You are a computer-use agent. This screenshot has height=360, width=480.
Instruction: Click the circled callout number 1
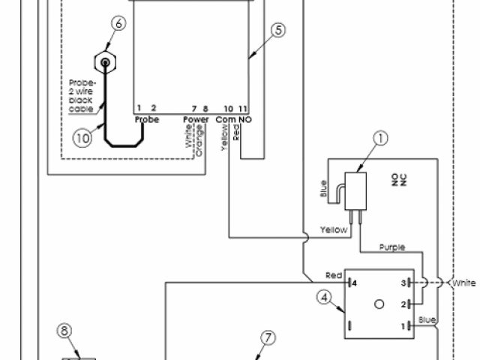pos(382,138)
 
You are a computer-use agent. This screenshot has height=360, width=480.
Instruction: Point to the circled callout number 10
pos(82,137)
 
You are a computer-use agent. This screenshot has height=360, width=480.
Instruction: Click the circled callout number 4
pos(324,298)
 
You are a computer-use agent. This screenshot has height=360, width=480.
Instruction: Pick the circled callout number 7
pos(268,337)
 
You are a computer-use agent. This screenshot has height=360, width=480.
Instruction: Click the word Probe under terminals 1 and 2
pos(146,118)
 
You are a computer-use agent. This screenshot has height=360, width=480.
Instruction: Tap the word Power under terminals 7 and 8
pos(196,118)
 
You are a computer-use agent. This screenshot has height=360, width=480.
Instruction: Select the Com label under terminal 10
pos(225,118)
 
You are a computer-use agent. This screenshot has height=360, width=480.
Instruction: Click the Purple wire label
pos(392,247)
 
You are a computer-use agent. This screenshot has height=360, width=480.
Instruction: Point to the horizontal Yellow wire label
pos(334,229)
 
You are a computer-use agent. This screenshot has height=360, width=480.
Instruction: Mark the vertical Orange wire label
pos(199,142)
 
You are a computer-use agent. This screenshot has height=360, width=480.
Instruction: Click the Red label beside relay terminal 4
pos(334,274)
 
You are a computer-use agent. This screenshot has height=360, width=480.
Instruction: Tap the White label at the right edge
pos(463,283)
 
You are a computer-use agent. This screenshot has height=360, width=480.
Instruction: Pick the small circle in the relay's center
pos(378,304)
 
